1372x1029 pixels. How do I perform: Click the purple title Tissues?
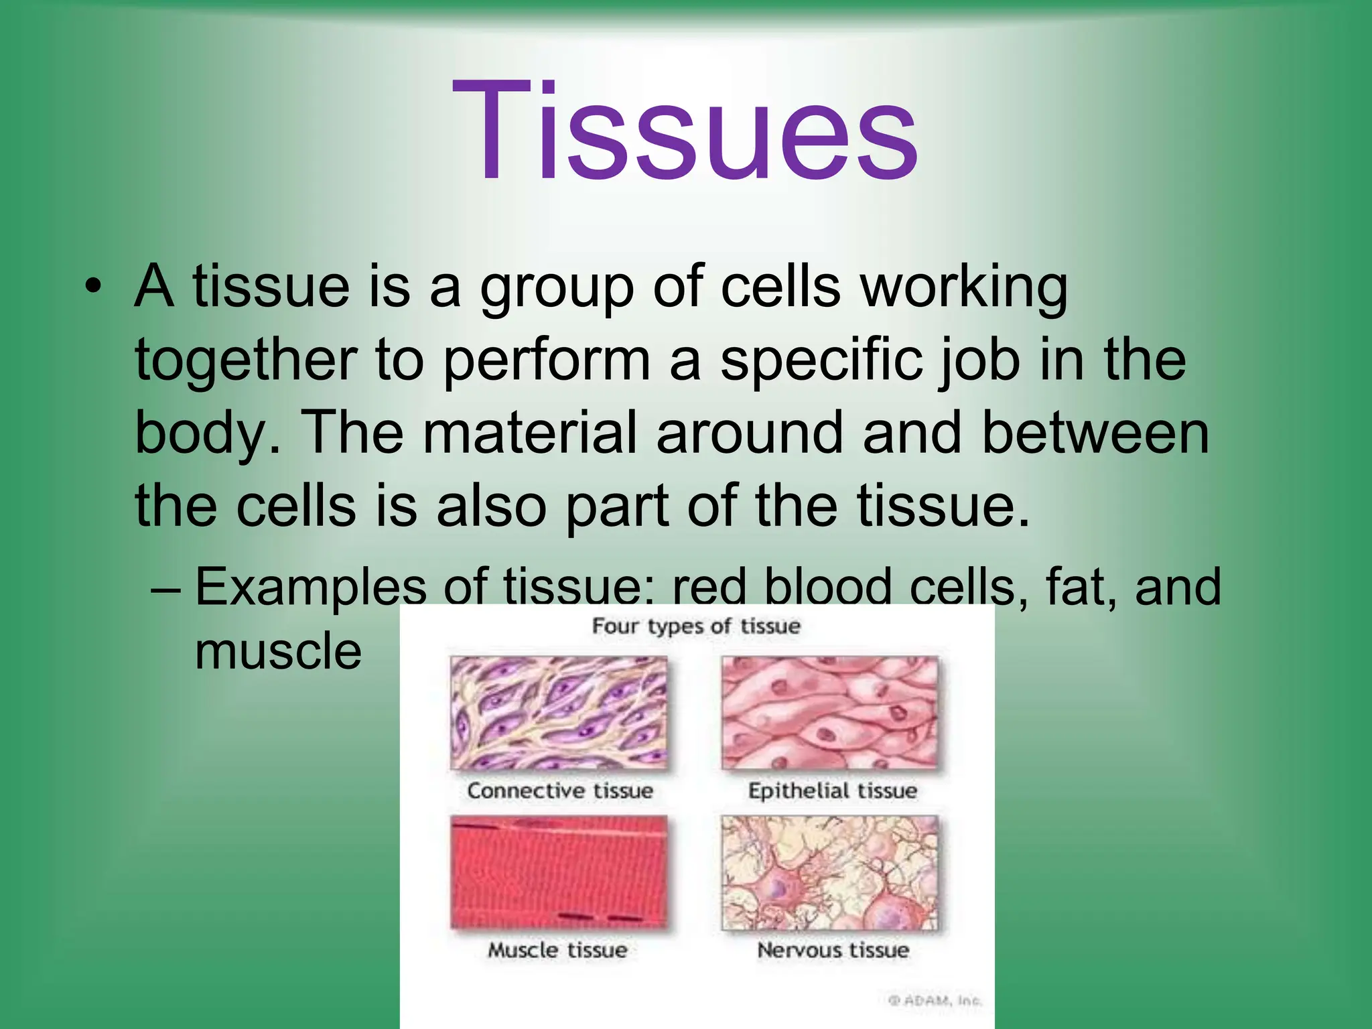[x=685, y=131]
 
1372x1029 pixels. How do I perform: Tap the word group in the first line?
[x=556, y=288]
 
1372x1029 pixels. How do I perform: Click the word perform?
[x=546, y=362]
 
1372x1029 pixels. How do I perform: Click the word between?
[x=1095, y=433]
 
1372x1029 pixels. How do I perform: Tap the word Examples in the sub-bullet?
[x=310, y=587]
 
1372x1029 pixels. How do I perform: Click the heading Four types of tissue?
[x=696, y=626]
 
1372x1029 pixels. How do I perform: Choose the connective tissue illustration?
[x=559, y=712]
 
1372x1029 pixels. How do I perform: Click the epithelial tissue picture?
[x=830, y=712]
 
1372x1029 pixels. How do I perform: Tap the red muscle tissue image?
[x=559, y=872]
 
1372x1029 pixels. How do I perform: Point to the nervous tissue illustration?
[x=830, y=872]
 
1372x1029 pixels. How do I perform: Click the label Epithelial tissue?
[x=832, y=791]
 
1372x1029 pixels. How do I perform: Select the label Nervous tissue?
[x=833, y=950]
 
